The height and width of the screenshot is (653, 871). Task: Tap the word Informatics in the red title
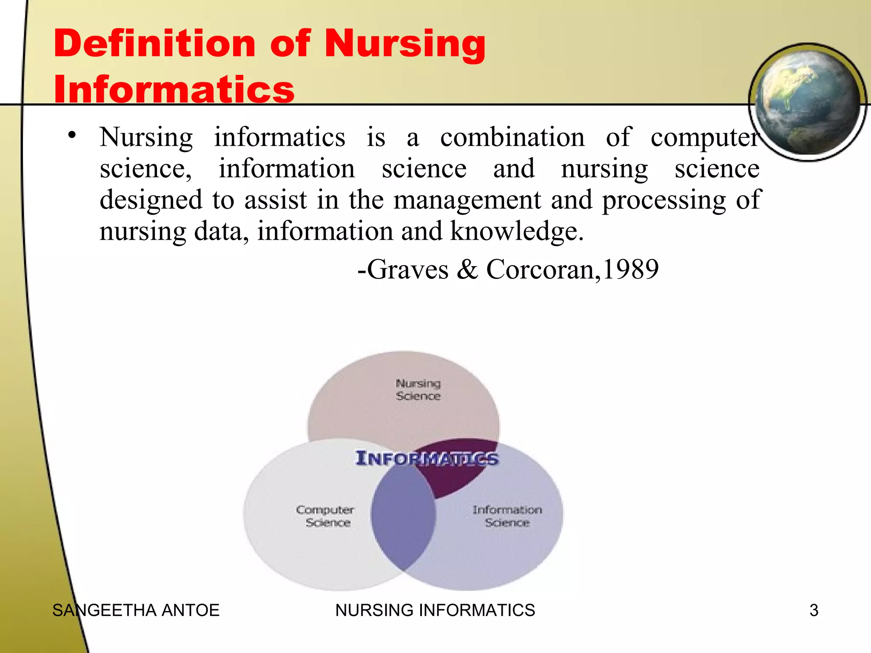point(174,90)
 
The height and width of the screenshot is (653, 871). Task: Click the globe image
point(807,102)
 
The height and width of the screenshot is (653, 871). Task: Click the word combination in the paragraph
point(512,138)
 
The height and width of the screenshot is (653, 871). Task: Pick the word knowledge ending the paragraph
point(516,232)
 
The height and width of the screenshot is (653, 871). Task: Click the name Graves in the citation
point(407,270)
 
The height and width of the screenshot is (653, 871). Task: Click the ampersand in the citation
point(467,270)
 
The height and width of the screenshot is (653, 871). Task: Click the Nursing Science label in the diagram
point(418,389)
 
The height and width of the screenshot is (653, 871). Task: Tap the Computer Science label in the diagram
point(325,516)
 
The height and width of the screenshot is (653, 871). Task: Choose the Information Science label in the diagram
point(507,516)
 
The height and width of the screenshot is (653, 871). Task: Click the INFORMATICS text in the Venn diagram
point(427,458)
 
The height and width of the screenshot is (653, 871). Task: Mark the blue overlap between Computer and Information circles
point(402,519)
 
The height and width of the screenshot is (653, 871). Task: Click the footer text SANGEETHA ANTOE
point(136,610)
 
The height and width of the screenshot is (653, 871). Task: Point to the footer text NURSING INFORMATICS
point(435,610)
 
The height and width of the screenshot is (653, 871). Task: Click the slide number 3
point(814,610)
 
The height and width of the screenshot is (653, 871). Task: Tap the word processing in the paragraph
point(664,200)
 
